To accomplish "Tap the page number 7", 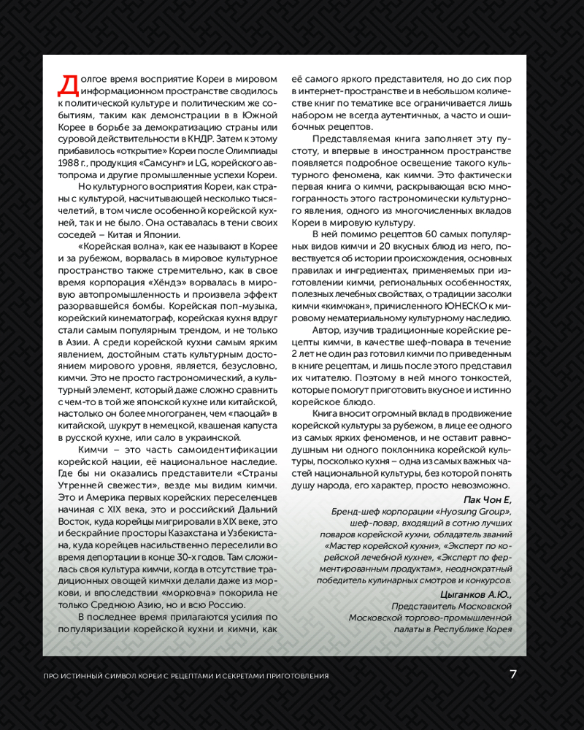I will pos(513,675).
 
